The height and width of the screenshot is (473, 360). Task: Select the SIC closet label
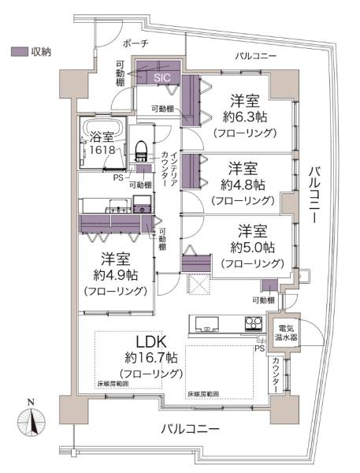(161, 77)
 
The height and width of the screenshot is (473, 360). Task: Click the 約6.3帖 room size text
(245, 117)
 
